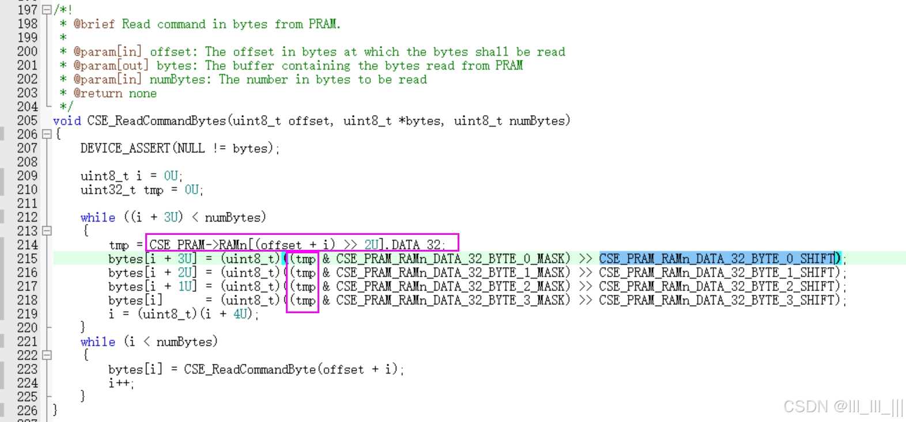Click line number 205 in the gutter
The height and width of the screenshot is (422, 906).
pos(27,120)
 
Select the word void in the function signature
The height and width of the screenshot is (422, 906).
pos(67,120)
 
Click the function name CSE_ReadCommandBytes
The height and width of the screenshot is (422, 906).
pos(156,120)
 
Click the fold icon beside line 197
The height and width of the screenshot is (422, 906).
pos(47,10)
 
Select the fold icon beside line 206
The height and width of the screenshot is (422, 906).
pos(47,134)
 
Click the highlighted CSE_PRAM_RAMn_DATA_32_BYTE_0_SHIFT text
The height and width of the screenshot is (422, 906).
pos(718,258)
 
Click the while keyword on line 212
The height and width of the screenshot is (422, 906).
pos(97,217)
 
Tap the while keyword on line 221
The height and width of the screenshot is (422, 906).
pos(97,341)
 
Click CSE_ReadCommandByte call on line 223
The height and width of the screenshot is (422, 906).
pos(250,369)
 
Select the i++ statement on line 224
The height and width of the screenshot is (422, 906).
pos(120,383)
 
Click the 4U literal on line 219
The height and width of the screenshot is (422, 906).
pos(240,314)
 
